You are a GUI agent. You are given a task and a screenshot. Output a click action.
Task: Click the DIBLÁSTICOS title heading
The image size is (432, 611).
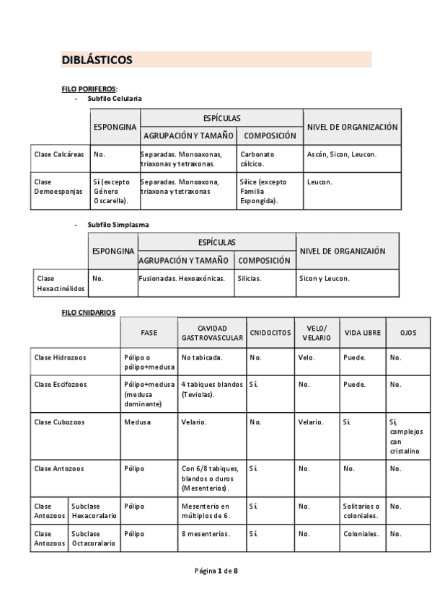tap(97, 60)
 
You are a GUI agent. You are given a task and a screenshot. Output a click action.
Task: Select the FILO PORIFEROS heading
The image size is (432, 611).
tap(89, 89)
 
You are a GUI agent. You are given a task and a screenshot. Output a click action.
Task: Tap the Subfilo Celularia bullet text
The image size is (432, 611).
tap(115, 98)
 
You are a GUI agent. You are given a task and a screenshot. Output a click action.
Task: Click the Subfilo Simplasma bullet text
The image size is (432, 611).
tap(118, 225)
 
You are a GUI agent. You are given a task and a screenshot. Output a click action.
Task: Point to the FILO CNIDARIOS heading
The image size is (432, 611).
tap(89, 312)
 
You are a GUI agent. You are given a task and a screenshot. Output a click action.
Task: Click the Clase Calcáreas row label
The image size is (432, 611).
tap(59, 154)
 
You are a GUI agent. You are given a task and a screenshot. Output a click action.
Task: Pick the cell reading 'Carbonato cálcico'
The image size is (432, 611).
tap(257, 159)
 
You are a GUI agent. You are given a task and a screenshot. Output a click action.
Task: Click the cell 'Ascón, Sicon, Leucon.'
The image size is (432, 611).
tap(342, 154)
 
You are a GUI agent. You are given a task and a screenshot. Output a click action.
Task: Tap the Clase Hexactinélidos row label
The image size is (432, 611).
tap(61, 283)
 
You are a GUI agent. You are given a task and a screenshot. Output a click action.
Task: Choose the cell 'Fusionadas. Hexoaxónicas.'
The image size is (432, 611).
tap(182, 278)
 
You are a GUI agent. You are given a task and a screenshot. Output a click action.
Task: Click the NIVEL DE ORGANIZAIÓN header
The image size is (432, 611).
tap(343, 251)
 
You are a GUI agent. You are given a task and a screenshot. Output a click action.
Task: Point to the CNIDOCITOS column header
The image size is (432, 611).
tap(270, 333)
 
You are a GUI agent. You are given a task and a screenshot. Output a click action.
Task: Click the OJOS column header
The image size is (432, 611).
tap(407, 333)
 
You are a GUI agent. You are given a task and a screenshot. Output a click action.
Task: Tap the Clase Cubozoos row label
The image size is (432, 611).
tap(60, 422)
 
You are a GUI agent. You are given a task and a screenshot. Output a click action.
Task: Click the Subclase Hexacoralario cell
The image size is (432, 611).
tap(94, 511)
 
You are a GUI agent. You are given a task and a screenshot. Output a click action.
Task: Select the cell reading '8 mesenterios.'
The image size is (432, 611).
tap(206, 534)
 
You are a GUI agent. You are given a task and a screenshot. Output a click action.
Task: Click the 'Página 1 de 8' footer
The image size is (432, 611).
tap(216, 571)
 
